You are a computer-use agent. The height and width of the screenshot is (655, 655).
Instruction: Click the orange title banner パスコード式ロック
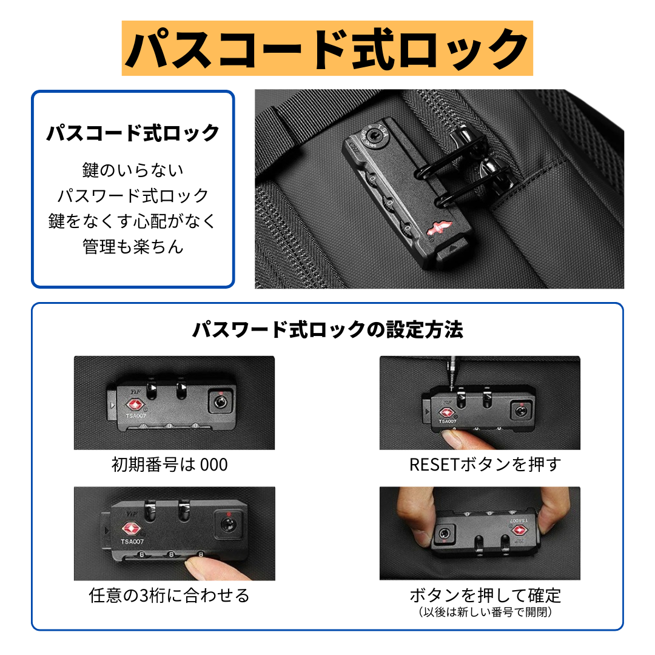[327, 49]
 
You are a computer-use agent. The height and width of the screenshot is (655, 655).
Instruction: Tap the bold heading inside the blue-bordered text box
[133, 132]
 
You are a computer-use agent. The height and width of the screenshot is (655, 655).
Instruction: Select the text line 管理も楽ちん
[133, 247]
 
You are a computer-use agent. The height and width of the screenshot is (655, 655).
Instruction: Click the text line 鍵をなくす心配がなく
[133, 221]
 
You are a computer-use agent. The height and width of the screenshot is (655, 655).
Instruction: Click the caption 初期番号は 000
[170, 465]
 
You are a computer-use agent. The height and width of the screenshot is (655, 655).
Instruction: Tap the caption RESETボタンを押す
[485, 465]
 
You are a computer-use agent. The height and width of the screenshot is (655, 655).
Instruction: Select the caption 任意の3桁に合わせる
[169, 596]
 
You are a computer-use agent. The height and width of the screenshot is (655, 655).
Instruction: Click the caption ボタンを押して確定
[485, 595]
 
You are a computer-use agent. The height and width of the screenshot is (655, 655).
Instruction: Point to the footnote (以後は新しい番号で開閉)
[485, 613]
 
